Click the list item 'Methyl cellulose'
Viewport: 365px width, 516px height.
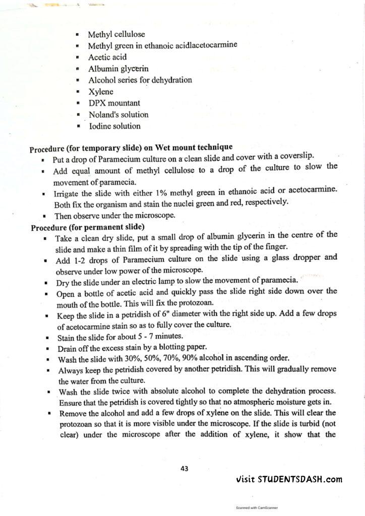pyautogui.click(x=116, y=35)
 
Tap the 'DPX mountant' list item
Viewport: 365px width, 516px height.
pyautogui.click(x=114, y=103)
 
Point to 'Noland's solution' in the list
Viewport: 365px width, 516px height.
pyautogui.click(x=118, y=115)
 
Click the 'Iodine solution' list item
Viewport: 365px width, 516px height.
pyautogui.click(x=114, y=126)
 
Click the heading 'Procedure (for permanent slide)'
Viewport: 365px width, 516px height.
pyautogui.click(x=88, y=227)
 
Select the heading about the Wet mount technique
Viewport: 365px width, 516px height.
pyautogui.click(x=131, y=148)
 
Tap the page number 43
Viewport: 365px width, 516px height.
pyautogui.click(x=185, y=468)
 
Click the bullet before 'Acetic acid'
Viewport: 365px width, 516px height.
pyautogui.click(x=77, y=57)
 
